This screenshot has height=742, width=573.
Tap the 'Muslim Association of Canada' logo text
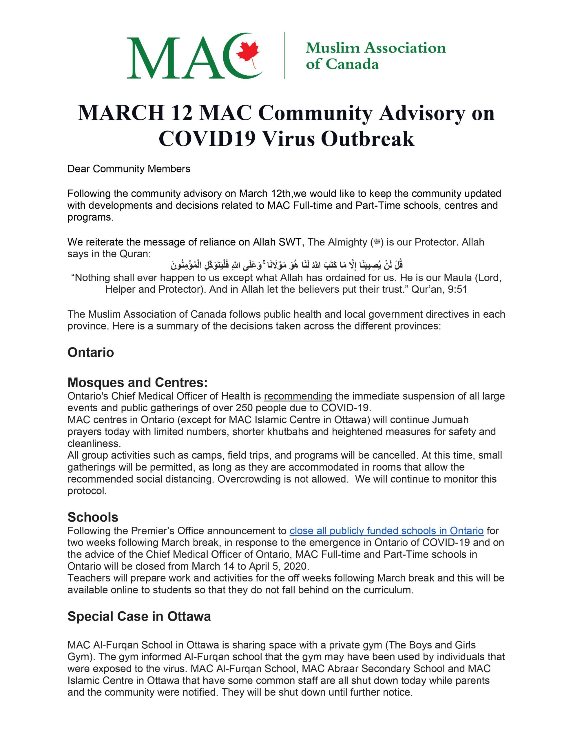375,56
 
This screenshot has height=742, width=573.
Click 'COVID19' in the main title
207,139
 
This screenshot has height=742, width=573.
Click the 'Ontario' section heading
91,352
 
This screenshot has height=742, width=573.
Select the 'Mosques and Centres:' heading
137,383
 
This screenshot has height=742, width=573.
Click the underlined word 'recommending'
298,396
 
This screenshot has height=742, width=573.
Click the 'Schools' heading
93,517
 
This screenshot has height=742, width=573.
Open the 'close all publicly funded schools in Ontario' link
386,531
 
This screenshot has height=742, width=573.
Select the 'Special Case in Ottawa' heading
139,616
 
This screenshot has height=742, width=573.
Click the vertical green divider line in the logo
285,56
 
